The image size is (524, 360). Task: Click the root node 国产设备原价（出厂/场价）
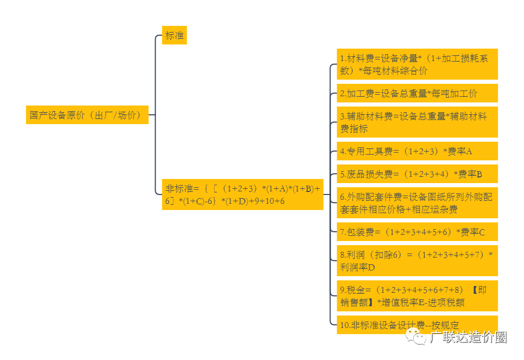[87, 115]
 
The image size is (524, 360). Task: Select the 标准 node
[174, 35]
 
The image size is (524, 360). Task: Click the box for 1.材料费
[417, 64]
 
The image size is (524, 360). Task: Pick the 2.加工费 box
[417, 93]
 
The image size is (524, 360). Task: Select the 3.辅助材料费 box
[417, 122]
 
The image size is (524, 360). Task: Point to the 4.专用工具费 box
[417, 151]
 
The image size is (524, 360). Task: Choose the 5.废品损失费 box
[417, 174]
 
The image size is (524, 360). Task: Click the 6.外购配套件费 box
[417, 203]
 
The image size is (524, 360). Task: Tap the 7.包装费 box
[417, 232]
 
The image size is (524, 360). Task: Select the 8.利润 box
[417, 261]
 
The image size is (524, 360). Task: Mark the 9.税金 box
[417, 296]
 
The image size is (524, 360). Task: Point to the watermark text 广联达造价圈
[468, 337]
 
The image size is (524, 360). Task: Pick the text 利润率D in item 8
[357, 267]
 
